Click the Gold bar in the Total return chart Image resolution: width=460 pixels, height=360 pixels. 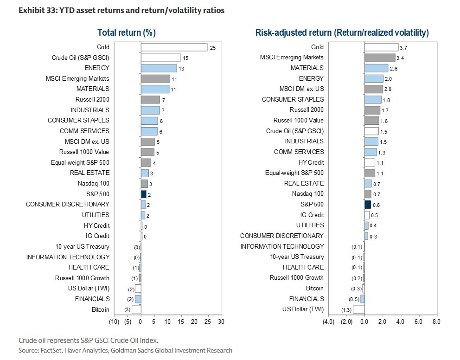[174, 47]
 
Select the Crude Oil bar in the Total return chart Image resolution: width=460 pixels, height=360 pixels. [160, 58]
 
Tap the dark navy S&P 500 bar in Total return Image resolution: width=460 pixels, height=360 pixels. [143, 194]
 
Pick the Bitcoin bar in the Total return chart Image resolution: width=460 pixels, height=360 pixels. [136, 309]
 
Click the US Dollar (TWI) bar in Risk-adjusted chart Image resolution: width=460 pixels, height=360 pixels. [358, 309]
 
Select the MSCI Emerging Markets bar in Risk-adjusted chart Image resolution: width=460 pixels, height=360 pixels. [380, 58]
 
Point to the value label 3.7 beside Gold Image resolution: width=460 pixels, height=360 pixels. [403, 47]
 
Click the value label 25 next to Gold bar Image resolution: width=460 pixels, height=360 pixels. [213, 47]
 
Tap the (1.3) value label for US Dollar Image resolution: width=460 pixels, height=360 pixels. [345, 310]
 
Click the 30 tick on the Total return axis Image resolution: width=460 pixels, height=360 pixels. [221, 321]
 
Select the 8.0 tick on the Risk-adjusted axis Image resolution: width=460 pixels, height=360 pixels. [436, 321]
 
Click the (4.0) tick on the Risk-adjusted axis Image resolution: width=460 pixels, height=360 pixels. [328, 321]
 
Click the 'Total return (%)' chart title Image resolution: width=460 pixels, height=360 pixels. [126, 32]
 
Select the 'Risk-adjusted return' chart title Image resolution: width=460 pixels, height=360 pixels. [342, 32]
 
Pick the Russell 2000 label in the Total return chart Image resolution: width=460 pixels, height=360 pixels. [92, 100]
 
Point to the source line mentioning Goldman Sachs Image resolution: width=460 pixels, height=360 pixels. [125, 350]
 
